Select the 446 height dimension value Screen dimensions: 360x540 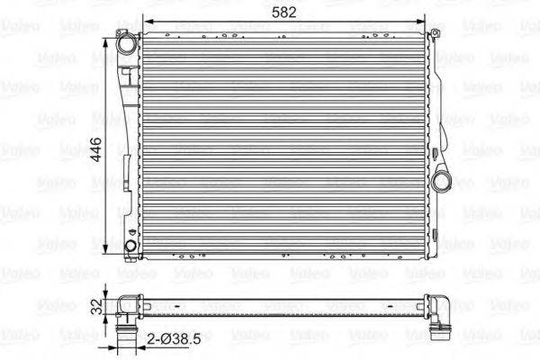point(95,145)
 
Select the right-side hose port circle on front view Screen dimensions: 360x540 point(443,181)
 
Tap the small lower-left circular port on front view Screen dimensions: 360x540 point(132,245)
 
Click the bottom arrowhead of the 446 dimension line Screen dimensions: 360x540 point(111,253)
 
